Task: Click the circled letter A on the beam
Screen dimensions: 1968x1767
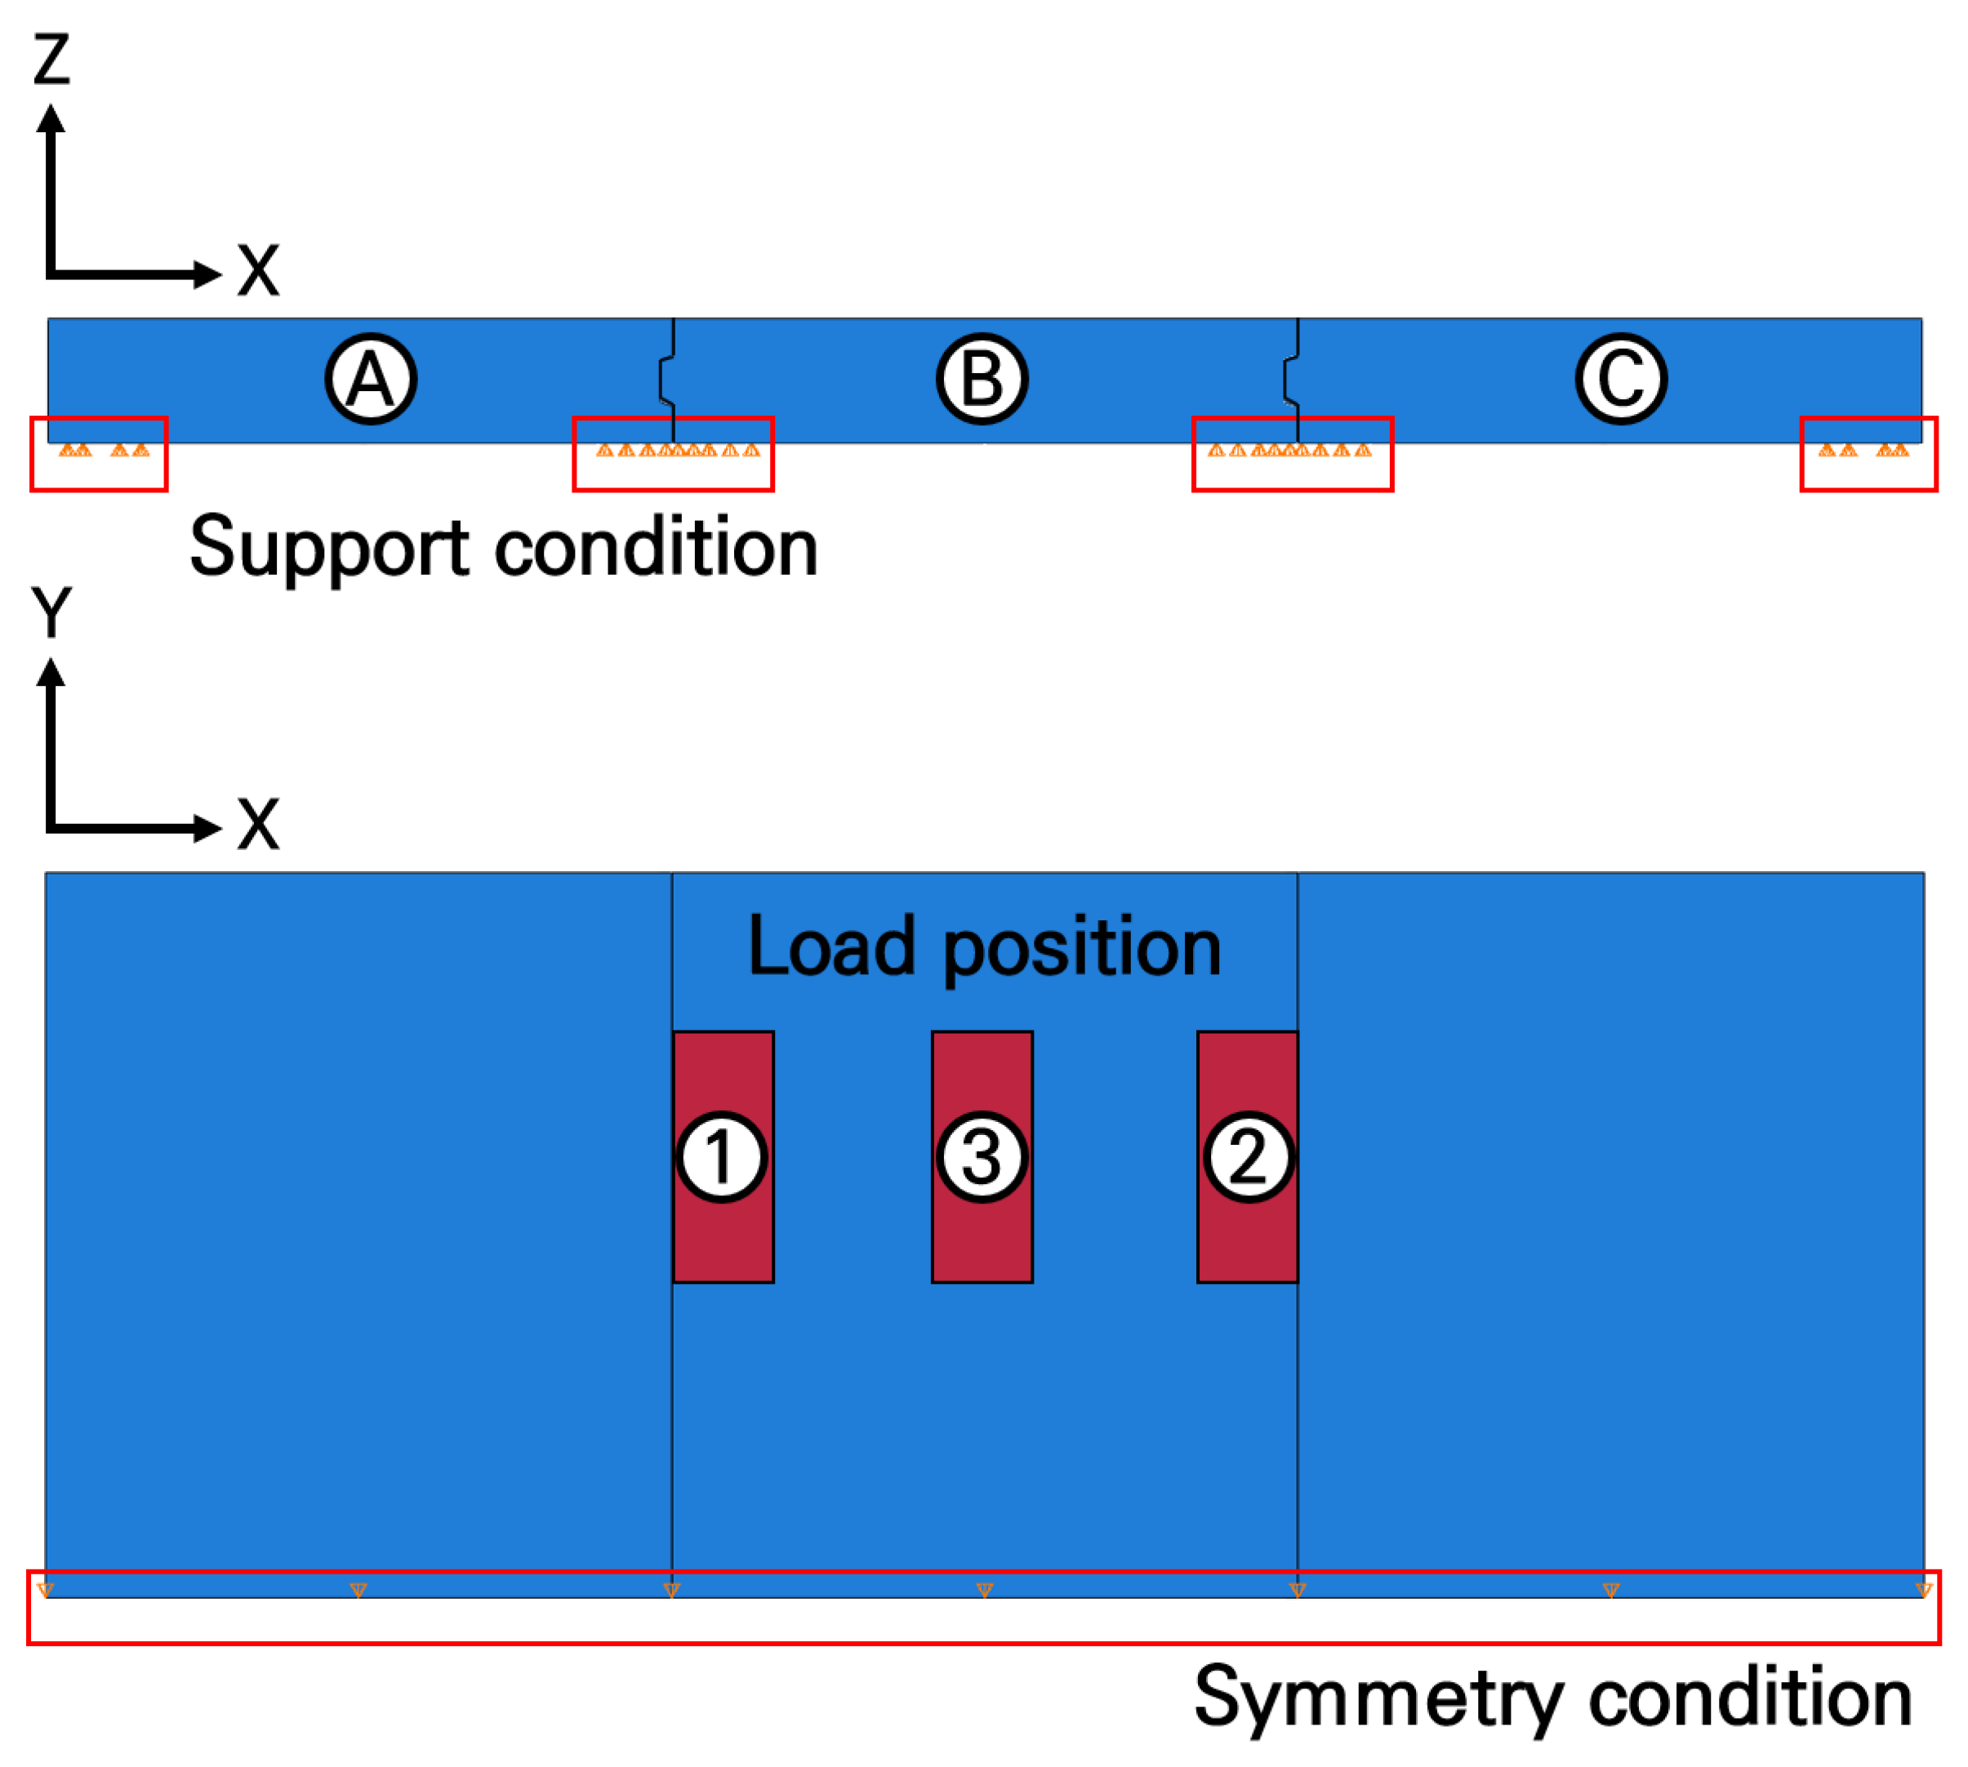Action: pyautogui.click(x=370, y=379)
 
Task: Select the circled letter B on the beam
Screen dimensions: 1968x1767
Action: pyautogui.click(x=982, y=379)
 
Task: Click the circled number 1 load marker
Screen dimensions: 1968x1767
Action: pyautogui.click(x=721, y=1156)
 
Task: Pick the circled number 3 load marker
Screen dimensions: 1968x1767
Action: pyautogui.click(x=982, y=1156)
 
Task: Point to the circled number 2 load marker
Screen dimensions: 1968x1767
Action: pyautogui.click(x=1249, y=1156)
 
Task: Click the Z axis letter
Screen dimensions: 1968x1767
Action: pyautogui.click(x=51, y=58)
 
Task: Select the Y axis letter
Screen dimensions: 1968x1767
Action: pyautogui.click(x=51, y=612)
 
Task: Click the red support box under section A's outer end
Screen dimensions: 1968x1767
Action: pyautogui.click(x=99, y=454)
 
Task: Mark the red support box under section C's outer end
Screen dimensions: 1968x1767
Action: pyautogui.click(x=1868, y=454)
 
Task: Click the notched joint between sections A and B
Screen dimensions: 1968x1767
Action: pyautogui.click(x=668, y=380)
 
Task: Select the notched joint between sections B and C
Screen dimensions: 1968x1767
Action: pyautogui.click(x=1292, y=380)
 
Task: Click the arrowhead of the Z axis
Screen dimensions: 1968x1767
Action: pyautogui.click(x=51, y=118)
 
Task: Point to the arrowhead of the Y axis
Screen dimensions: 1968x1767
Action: pyautogui.click(x=51, y=672)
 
